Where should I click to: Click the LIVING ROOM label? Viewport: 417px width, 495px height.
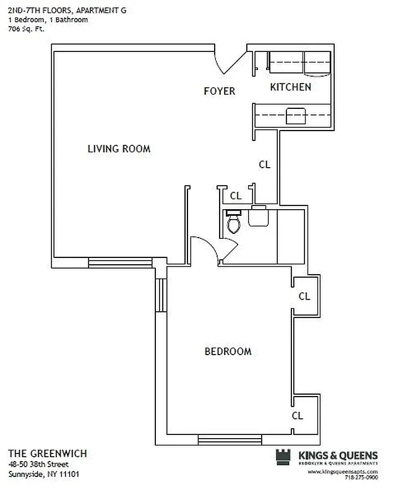coord(119,148)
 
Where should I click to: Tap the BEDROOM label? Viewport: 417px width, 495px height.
coord(228,351)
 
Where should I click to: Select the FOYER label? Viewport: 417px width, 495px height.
coord(220,91)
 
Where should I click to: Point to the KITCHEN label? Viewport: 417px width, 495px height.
coord(290,87)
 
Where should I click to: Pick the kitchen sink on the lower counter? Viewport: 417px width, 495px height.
coord(295,114)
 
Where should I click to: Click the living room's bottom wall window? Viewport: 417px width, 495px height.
coord(121,263)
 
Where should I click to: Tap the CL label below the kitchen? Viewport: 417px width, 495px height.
coord(264,164)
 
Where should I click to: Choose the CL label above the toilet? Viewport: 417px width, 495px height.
coord(236,196)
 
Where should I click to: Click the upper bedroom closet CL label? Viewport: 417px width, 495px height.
coord(304,296)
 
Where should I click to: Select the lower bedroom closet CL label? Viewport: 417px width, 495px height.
coord(298,416)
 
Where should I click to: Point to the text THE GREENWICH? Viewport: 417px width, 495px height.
coord(48,453)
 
